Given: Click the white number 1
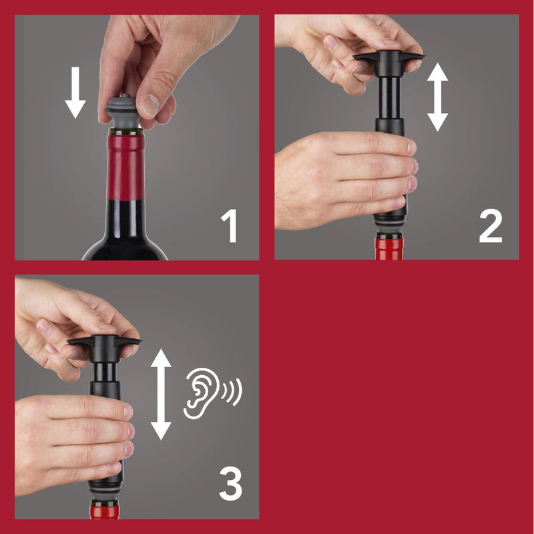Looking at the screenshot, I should point(230,226).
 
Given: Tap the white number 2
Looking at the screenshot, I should point(491,226).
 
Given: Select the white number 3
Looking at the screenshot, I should point(230,486).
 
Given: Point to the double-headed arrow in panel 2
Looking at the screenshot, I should point(437,97).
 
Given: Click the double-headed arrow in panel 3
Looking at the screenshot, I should point(161,394).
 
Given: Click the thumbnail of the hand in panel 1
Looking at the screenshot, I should point(152,105).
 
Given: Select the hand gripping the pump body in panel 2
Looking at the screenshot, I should point(340,177).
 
